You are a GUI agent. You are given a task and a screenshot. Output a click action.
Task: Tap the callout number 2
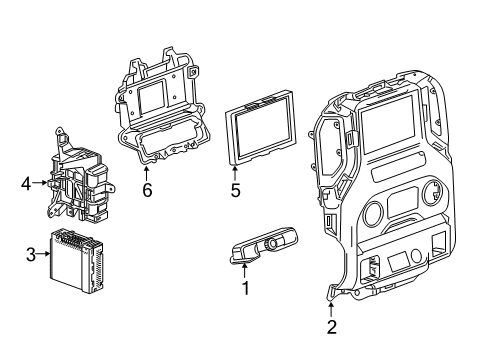(x=331, y=326)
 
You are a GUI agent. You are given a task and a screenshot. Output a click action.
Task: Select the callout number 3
(x=30, y=254)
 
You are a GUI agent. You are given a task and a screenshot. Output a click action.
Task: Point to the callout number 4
(x=26, y=183)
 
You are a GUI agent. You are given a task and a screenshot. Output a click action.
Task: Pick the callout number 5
(x=235, y=187)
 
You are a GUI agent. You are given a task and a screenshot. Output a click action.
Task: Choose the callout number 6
(x=146, y=188)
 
